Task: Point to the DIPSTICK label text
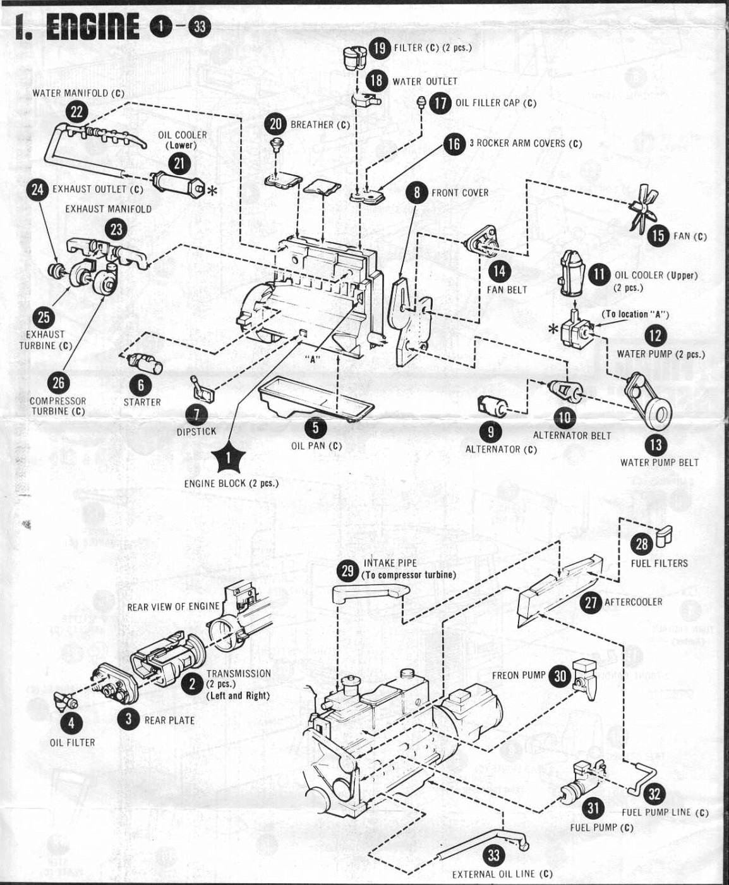click(x=196, y=431)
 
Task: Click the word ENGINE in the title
click(x=93, y=27)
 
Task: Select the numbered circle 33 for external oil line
click(x=493, y=855)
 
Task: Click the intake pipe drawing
click(x=370, y=592)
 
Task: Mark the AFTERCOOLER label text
click(x=633, y=602)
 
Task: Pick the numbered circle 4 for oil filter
click(x=71, y=723)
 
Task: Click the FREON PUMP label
click(x=518, y=675)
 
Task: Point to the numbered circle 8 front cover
click(x=416, y=192)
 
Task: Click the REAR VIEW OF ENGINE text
click(x=173, y=606)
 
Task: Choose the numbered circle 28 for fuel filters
click(x=642, y=544)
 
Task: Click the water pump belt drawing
click(x=648, y=398)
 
